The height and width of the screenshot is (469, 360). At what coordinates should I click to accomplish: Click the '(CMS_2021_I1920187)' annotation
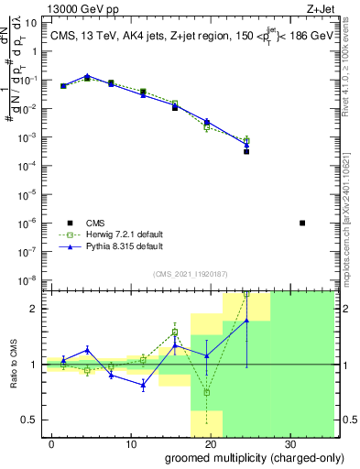(x=190, y=273)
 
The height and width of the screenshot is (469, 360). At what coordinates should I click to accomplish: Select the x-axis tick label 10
(x=131, y=442)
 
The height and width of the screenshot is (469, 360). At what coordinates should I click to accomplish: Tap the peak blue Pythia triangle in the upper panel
(x=87, y=76)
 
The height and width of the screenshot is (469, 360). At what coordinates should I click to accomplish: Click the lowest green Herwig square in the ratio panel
(x=206, y=392)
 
